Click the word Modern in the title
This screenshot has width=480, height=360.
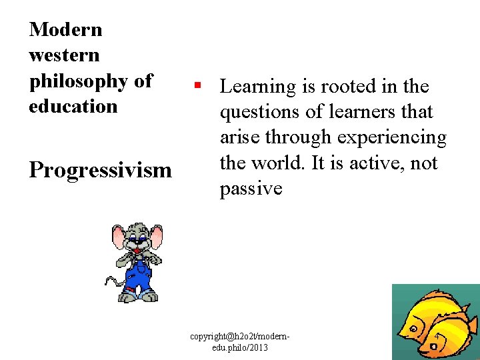[x=66, y=29]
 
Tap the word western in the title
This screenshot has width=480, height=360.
[x=64, y=55]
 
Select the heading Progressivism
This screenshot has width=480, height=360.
[x=100, y=170]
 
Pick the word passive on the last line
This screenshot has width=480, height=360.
[x=251, y=189]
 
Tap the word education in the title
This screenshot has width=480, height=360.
[x=73, y=106]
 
